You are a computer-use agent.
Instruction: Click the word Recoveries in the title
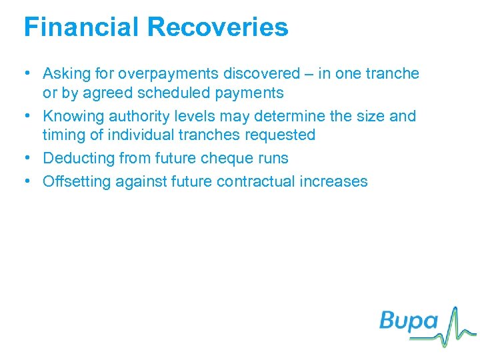pyautogui.click(x=217, y=27)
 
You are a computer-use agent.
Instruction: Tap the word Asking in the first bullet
pyautogui.click(x=65, y=74)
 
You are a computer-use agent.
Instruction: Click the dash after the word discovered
pyautogui.click(x=307, y=73)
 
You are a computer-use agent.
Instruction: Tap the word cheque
pyautogui.click(x=225, y=158)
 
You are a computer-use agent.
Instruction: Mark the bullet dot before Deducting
pyautogui.click(x=29, y=158)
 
